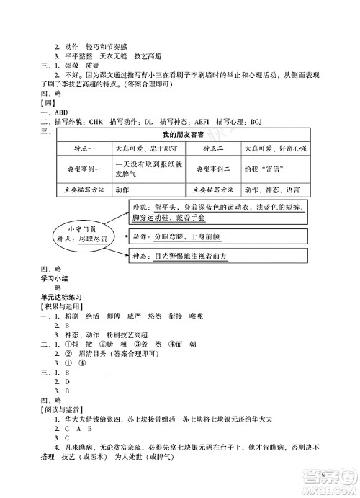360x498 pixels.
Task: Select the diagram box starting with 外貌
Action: click(218, 213)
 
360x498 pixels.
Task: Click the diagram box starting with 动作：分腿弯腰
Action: click(180, 236)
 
